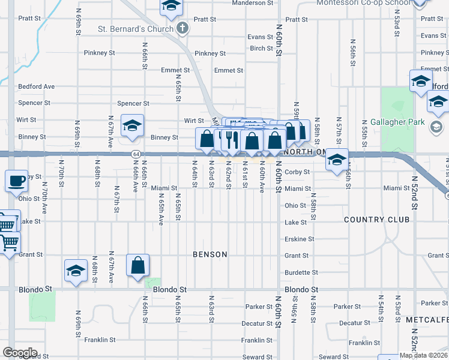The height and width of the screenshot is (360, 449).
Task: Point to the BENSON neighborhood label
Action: point(210,254)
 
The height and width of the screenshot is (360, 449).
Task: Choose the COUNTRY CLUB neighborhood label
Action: point(377,220)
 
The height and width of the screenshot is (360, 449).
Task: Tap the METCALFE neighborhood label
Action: point(427,320)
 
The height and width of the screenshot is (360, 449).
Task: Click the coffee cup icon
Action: point(16,180)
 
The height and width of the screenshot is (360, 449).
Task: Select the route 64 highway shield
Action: point(136,154)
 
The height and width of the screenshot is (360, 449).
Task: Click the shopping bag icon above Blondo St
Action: point(137,265)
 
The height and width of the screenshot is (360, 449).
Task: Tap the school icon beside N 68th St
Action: point(76,271)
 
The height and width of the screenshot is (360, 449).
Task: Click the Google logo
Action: point(20,353)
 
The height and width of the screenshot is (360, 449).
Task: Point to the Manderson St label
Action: point(253,3)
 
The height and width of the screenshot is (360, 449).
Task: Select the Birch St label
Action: point(262,49)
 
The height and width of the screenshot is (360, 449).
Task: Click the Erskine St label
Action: point(299,239)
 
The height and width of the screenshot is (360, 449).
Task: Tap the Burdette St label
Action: point(297,272)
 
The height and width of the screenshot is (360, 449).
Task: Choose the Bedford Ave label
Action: point(37,86)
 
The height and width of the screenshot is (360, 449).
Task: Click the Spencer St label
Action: point(133,103)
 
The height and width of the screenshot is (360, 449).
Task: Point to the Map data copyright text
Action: point(423,355)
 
